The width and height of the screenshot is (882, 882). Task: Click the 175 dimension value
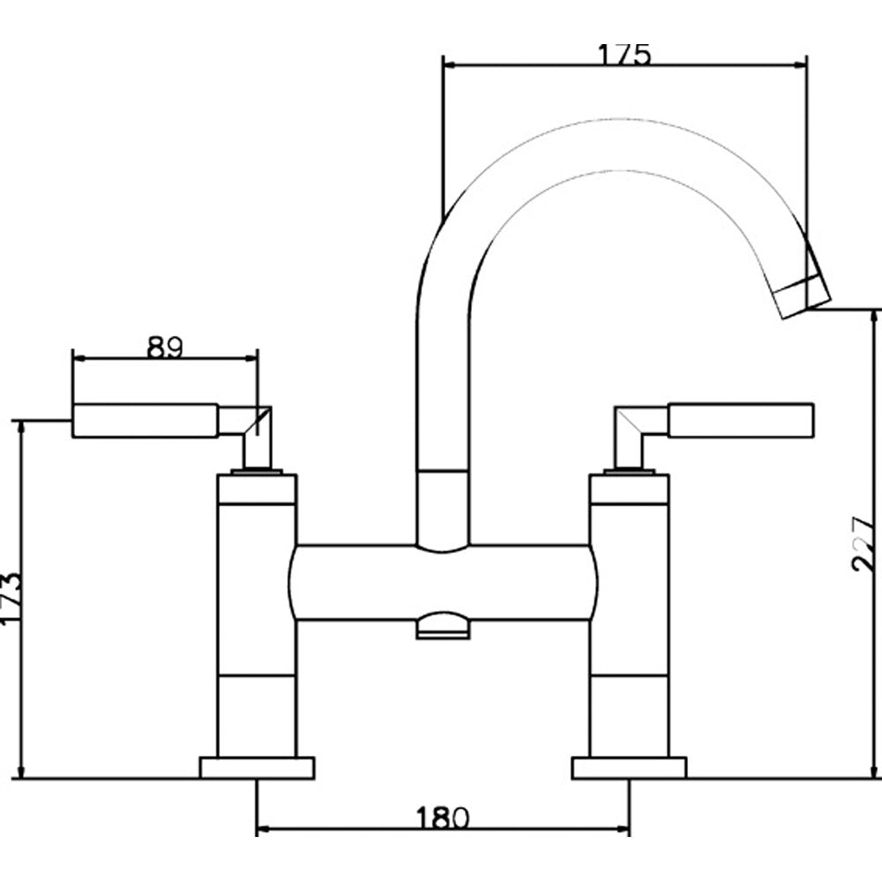click(x=624, y=55)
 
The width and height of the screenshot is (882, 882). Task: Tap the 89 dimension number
click(x=165, y=348)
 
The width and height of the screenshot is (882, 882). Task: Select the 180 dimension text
click(x=442, y=818)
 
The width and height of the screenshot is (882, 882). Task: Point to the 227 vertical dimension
click(x=863, y=543)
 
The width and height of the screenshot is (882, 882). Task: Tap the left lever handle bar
click(x=146, y=420)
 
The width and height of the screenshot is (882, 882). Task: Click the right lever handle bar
click(x=741, y=420)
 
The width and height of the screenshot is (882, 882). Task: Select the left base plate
click(x=257, y=768)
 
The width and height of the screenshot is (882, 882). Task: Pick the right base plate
click(x=629, y=768)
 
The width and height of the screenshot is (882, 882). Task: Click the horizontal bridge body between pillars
click(x=443, y=582)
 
